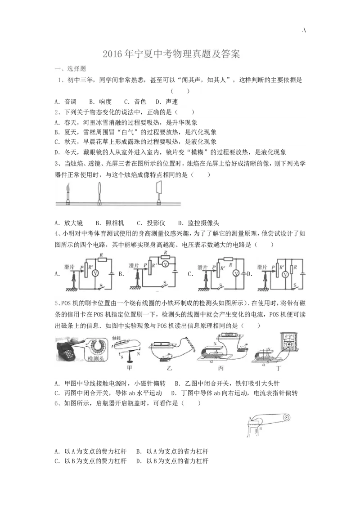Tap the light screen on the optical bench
tap(159, 188)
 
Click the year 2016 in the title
tap(112, 55)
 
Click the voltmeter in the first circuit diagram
tap(94, 273)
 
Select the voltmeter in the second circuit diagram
tap(165, 264)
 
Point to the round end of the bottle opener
tap(284, 417)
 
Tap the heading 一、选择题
tap(70, 69)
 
